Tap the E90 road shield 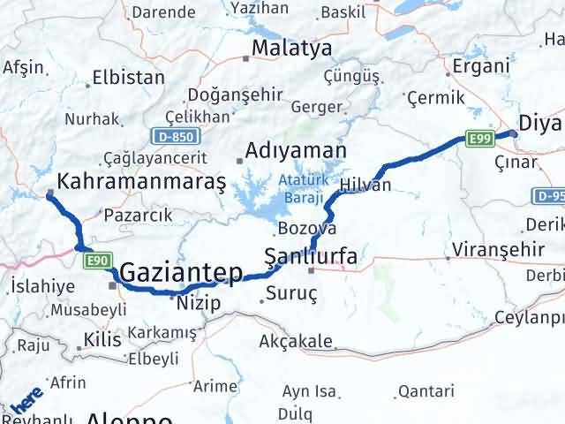(x=98, y=261)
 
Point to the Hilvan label (x=365, y=185)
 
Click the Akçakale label (x=296, y=341)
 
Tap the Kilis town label (x=101, y=339)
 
